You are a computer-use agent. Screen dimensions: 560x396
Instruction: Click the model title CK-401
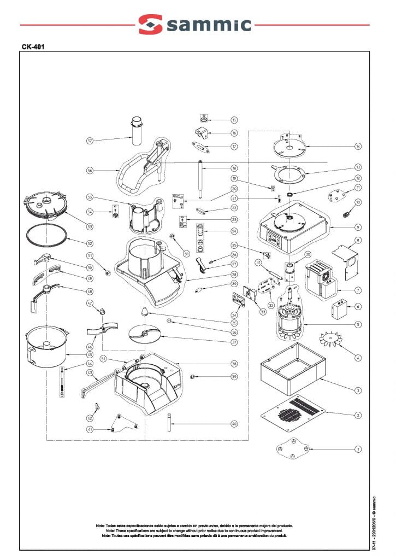coord(33,47)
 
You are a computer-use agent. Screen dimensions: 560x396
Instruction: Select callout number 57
coord(90,141)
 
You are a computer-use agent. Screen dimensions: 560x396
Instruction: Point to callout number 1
coord(358,449)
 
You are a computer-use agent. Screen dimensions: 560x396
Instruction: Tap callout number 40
coord(234,423)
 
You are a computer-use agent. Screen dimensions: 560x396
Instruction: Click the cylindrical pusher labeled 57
coord(136,131)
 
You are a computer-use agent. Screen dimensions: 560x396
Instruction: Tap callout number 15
coord(234,120)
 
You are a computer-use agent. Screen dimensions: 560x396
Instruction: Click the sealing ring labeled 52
coord(48,236)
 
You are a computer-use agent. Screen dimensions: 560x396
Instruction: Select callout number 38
coord(234,364)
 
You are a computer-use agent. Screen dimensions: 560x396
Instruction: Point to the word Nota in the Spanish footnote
coord(101,526)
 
